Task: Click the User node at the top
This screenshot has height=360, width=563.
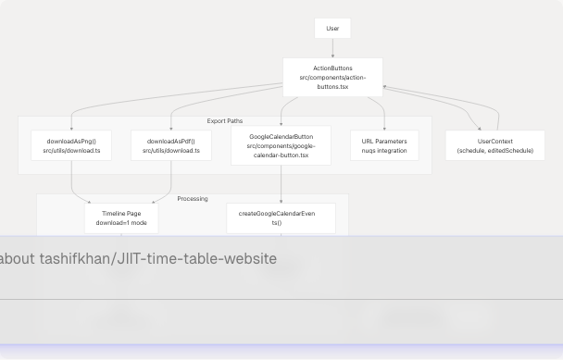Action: (332, 29)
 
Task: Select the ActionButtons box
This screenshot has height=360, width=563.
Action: (332, 77)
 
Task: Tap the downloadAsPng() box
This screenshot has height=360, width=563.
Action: (71, 145)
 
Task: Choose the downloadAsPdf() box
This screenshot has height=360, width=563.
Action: (171, 145)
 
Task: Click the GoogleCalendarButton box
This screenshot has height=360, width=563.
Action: (281, 146)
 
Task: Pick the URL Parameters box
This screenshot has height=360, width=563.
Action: (384, 145)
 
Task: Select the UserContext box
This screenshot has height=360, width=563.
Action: (495, 145)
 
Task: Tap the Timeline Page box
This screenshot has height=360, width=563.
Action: (121, 218)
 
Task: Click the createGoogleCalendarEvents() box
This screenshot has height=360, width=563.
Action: (281, 218)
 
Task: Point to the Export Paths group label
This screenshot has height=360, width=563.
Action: (225, 121)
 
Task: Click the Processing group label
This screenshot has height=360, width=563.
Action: (193, 199)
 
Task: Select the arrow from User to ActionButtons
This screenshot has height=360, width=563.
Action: (332, 49)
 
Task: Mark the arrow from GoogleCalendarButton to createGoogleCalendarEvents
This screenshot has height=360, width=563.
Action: (281, 184)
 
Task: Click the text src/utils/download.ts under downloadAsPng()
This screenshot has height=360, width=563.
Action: (71, 151)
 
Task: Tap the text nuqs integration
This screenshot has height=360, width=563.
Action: (384, 151)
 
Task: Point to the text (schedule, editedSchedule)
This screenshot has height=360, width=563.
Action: (495, 151)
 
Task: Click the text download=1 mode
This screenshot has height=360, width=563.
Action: (121, 223)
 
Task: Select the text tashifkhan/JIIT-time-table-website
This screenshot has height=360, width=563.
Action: (157, 259)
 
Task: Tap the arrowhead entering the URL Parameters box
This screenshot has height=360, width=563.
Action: (384, 128)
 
